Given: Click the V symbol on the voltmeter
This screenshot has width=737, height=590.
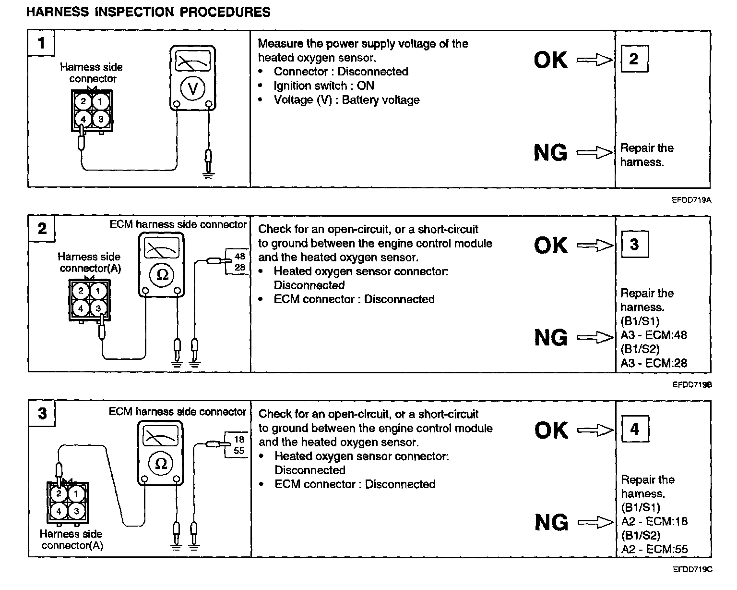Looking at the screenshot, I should (192, 88).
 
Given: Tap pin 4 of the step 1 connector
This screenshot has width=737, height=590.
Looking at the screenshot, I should (83, 119).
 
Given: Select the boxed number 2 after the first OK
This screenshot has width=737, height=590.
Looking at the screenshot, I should (634, 59).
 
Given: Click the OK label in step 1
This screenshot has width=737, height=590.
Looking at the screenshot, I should (550, 60).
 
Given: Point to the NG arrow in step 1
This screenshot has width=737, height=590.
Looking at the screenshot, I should (594, 153).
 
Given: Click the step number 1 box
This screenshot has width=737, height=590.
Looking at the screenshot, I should (41, 43).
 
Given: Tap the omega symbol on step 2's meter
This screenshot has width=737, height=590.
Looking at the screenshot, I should (162, 275).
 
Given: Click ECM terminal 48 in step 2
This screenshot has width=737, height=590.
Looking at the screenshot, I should (240, 257).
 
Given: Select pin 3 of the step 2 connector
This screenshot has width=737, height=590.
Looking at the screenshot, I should (98, 308).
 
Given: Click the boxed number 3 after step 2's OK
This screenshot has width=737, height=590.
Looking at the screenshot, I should (634, 244).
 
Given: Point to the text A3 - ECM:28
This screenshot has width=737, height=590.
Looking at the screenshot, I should (654, 363).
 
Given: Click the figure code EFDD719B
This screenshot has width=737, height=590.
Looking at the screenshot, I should (691, 385).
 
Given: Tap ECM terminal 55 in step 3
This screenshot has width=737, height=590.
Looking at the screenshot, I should (239, 451).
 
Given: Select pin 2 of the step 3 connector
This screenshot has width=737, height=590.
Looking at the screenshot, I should (59, 493).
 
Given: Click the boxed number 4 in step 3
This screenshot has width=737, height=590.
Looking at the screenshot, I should (634, 429).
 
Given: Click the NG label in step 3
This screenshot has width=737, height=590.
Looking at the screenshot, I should (551, 523).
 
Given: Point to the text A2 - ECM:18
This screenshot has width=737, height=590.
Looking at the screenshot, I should (654, 521).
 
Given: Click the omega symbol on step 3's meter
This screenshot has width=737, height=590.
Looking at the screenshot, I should (161, 464).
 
